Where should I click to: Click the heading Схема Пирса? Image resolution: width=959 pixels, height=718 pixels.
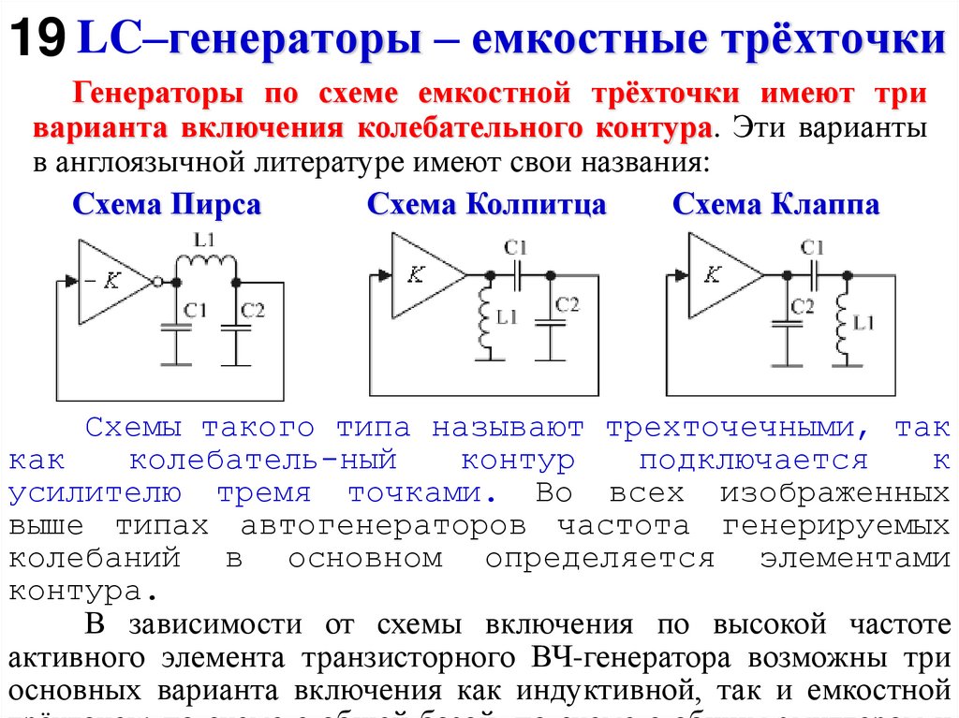(x=167, y=206)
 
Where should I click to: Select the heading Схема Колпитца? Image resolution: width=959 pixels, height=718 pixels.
(x=486, y=206)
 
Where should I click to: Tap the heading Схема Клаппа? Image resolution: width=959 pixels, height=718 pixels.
(x=775, y=206)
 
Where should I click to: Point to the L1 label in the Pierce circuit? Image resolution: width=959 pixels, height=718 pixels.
(x=204, y=241)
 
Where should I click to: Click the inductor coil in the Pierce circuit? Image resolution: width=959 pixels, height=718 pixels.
(x=204, y=266)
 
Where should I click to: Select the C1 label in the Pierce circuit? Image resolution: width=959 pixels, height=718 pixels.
(x=195, y=310)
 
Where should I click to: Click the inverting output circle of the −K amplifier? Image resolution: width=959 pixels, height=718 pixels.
(x=157, y=281)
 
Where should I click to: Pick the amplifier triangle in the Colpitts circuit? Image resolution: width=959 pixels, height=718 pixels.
(x=421, y=274)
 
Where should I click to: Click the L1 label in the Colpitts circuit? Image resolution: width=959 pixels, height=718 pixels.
(x=507, y=317)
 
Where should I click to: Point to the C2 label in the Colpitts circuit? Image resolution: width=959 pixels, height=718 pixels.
(x=567, y=304)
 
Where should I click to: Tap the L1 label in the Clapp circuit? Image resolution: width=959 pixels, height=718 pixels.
(x=863, y=323)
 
